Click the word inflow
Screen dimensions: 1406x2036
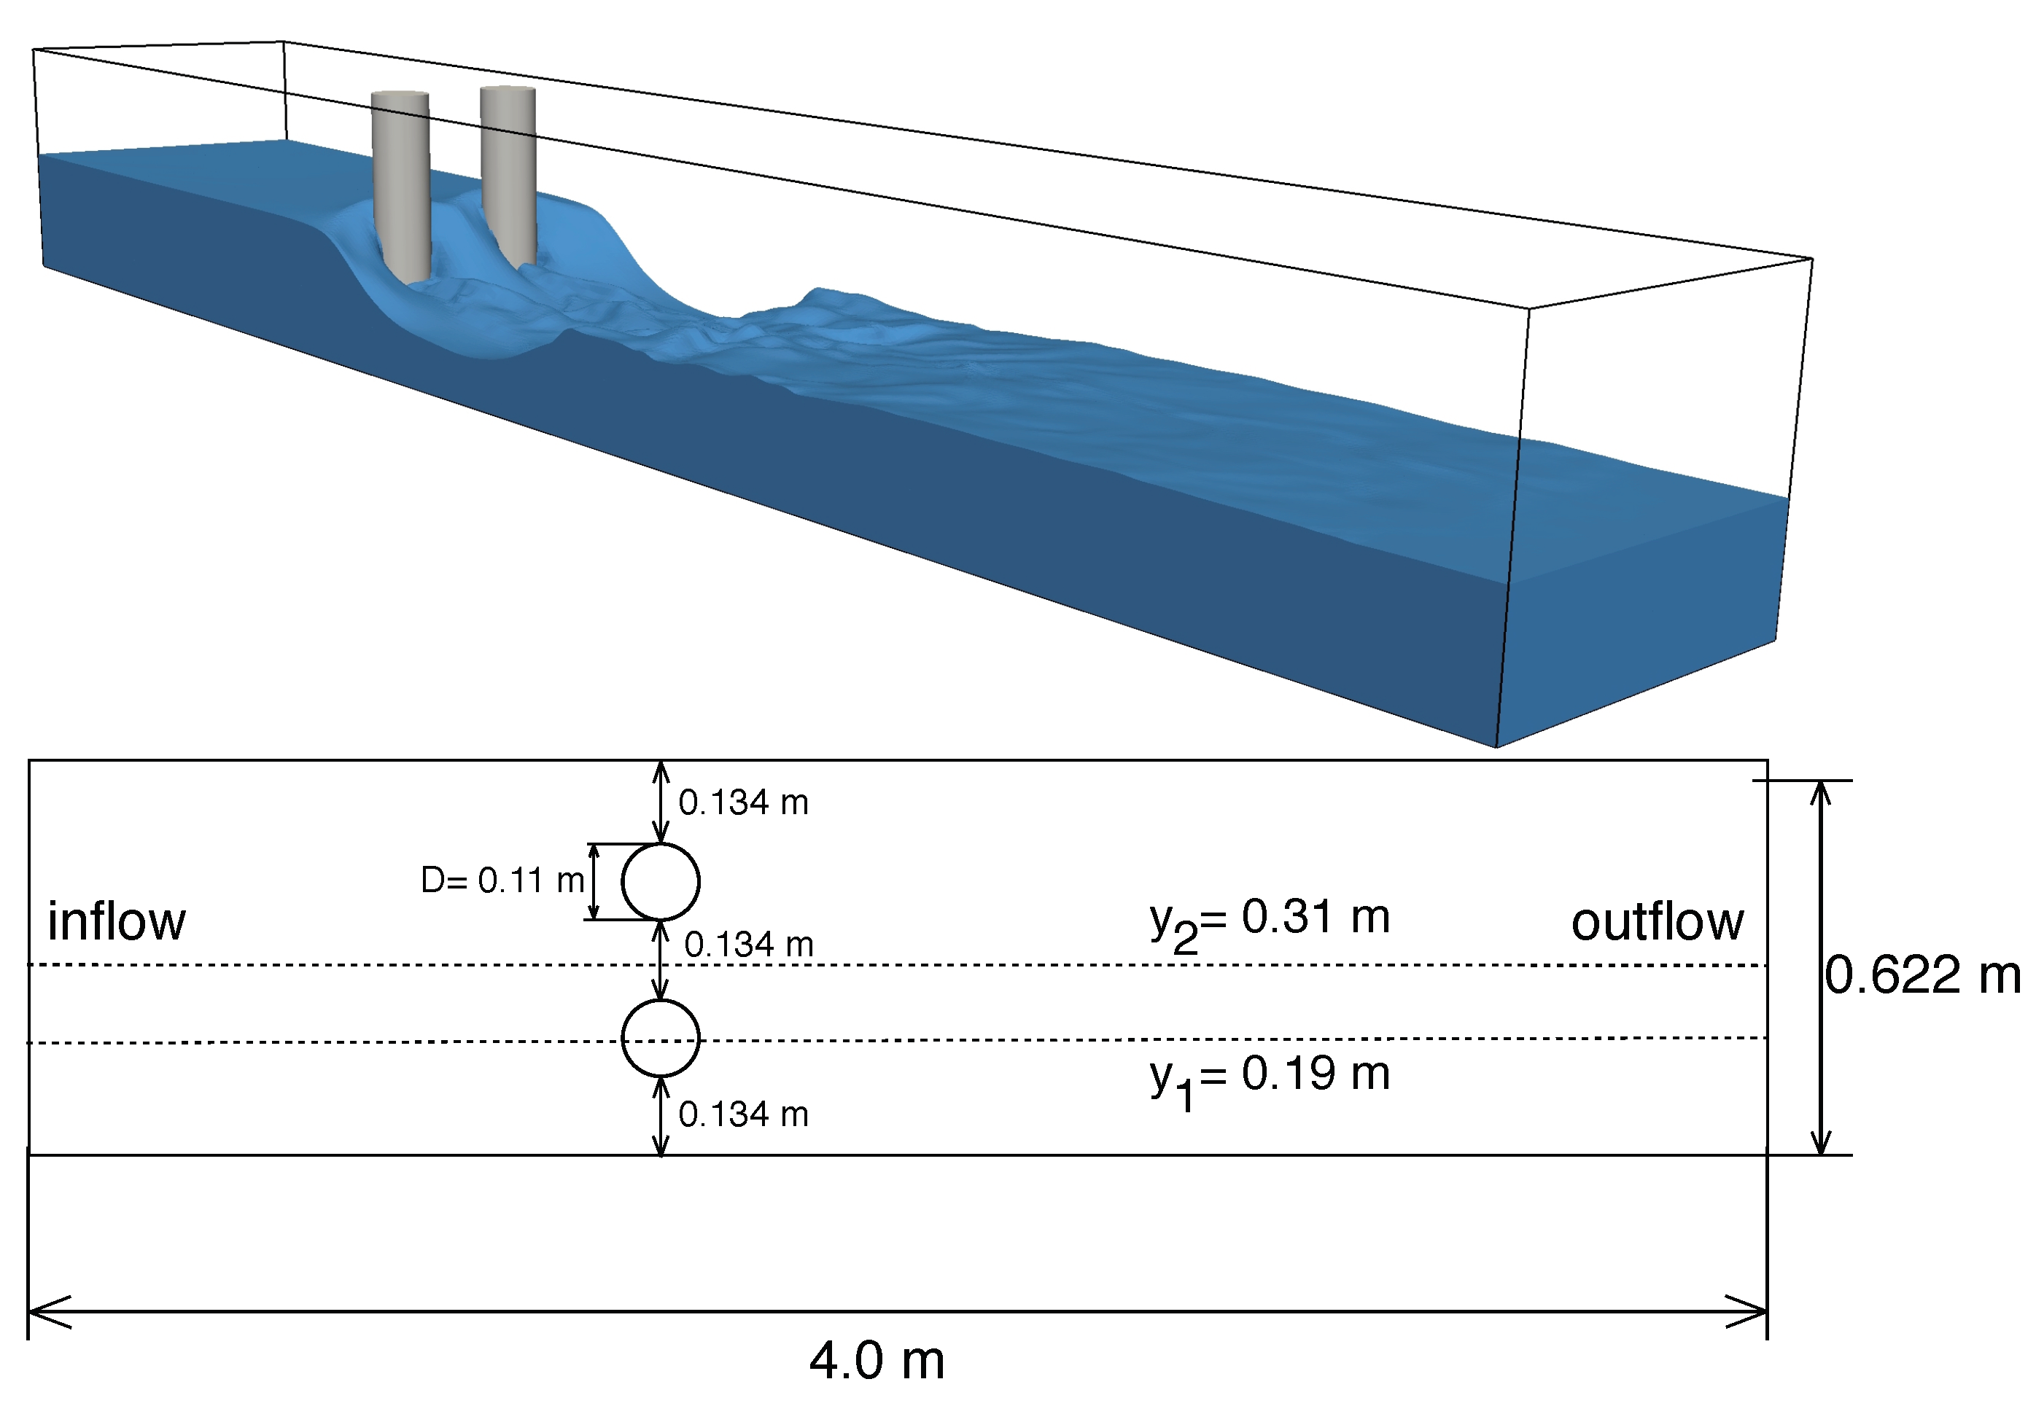[x=117, y=921]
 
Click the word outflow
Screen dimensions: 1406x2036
[x=1656, y=921]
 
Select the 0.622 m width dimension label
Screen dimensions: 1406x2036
[x=1922, y=975]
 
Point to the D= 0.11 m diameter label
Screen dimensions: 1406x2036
[x=502, y=880]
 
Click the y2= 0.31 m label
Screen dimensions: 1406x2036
[x=1269, y=921]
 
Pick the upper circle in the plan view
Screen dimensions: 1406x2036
[x=660, y=881]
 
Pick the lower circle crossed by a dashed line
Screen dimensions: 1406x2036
[x=660, y=1038]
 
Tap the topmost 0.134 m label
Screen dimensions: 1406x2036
[x=743, y=802]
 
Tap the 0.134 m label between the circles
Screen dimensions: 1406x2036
[x=748, y=945]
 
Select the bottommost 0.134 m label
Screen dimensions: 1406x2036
[x=743, y=1115]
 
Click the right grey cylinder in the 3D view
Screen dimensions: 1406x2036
[x=508, y=176]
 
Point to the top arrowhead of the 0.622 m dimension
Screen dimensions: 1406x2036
[x=1821, y=791]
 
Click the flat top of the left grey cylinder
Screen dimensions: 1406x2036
[x=400, y=94]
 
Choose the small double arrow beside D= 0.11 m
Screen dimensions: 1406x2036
[x=594, y=881]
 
